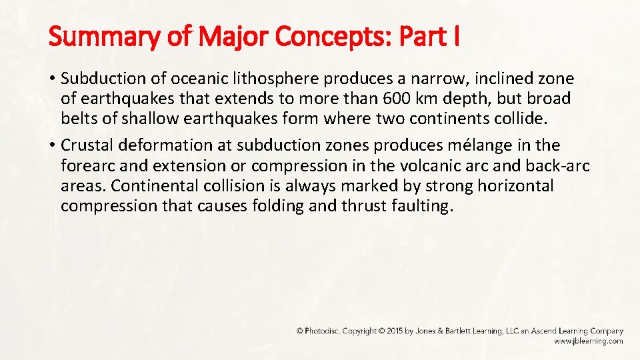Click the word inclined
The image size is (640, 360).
pos(504,79)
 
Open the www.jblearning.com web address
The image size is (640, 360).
pos(588,341)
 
